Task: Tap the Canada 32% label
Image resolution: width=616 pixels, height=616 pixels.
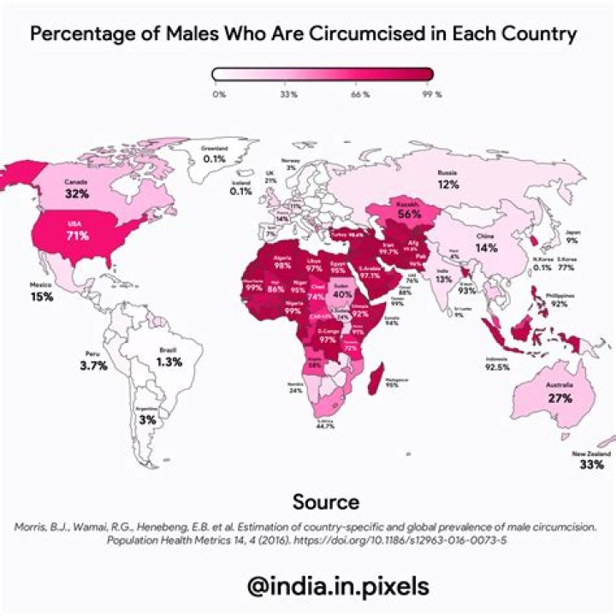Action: click(78, 194)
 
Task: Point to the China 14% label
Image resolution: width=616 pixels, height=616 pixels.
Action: click(486, 248)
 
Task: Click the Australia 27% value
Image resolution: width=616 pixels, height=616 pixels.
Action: click(560, 399)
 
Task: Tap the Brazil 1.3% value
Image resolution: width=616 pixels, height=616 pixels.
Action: click(169, 362)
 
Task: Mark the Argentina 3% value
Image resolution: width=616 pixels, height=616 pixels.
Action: click(148, 420)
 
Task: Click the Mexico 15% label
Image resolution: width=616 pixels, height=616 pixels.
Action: click(42, 297)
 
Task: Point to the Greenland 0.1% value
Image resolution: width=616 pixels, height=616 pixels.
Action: click(214, 159)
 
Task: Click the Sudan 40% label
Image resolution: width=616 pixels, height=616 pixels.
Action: click(342, 294)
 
